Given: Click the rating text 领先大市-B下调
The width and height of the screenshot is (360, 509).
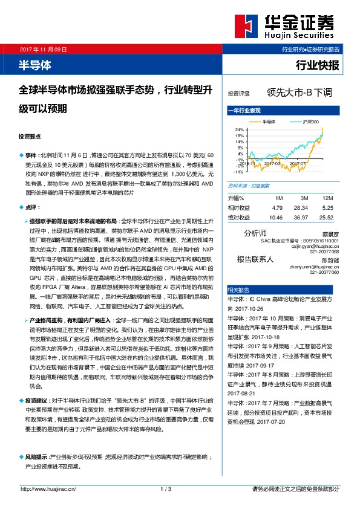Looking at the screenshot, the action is tap(299, 94).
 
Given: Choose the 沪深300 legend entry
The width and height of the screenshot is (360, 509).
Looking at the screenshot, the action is tap(310, 122).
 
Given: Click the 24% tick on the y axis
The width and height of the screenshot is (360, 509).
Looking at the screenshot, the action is tap(239, 130).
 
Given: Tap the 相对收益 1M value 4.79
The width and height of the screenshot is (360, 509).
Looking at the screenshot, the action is tap(278, 207).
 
